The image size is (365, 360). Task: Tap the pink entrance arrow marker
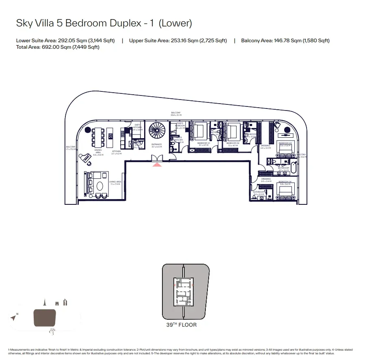(x=156, y=164)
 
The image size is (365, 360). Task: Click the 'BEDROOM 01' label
(x=203, y=143)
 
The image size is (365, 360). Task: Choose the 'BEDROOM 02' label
(x=232, y=143)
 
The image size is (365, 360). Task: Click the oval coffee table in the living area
(x=100, y=186)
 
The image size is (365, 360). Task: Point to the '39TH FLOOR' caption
(x=181, y=325)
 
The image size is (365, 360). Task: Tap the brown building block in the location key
(x=45, y=317)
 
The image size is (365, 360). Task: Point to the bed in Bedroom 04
(x=287, y=190)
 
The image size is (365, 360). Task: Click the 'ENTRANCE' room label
(x=157, y=144)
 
